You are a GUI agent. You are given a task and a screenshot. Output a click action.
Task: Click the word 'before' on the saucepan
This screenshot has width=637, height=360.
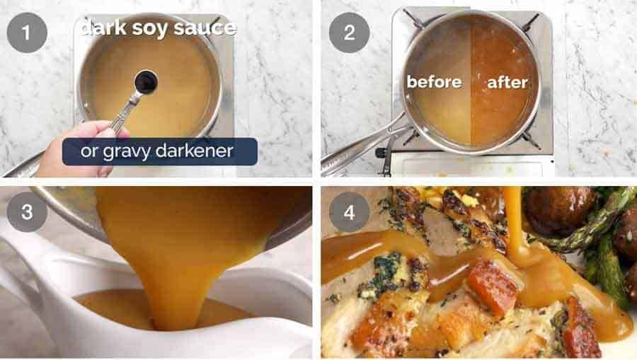tap(433, 82)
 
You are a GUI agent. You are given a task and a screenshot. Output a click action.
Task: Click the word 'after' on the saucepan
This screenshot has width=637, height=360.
tap(507, 82)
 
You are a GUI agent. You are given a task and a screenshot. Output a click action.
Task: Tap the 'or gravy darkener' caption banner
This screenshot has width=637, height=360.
tap(159, 151)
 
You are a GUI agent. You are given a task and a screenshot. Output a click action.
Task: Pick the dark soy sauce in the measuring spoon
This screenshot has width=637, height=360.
tap(146, 82)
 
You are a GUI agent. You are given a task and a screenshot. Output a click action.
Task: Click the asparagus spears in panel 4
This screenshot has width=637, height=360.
tap(602, 233)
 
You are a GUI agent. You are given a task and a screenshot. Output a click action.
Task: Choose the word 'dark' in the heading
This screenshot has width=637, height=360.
tap(104, 29)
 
